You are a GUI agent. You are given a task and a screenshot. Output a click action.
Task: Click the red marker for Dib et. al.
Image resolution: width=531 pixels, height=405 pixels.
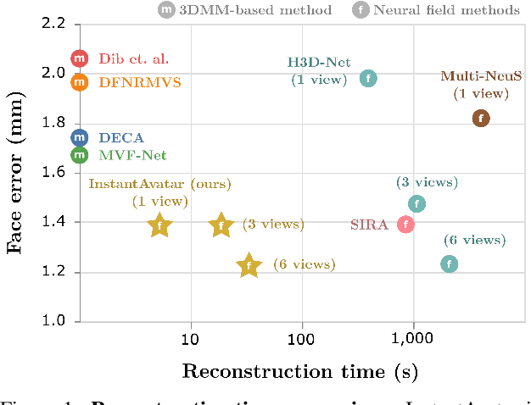coord(80,58)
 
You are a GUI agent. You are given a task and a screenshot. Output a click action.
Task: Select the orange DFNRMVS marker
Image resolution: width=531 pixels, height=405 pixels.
coord(80,82)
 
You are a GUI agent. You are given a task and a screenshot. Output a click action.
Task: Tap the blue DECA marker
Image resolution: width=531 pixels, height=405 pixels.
coord(80,137)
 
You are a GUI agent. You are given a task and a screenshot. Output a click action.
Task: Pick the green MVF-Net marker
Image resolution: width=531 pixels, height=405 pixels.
coord(80,155)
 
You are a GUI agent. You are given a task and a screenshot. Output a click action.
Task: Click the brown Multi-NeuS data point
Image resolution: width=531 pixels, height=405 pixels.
coord(481,119)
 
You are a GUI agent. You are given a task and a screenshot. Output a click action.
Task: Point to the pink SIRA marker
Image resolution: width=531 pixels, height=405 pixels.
coord(406,225)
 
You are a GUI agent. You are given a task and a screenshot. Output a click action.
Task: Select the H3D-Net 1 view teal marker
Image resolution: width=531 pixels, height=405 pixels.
coord(367,78)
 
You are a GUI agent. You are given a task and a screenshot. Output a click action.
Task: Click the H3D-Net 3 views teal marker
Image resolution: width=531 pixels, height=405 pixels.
coord(416,203)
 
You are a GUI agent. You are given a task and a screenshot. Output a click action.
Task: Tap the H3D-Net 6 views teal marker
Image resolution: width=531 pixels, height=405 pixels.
coord(450,264)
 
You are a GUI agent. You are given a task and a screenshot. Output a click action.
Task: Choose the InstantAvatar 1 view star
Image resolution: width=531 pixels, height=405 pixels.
coord(159,225)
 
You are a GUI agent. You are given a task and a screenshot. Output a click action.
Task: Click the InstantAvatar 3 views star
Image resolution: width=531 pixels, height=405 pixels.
coord(221,225)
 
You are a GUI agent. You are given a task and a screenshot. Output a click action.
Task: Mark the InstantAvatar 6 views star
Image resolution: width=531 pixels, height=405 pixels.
coord(249,266)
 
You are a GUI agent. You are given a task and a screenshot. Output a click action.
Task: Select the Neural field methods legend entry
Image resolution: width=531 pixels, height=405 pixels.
coord(449,10)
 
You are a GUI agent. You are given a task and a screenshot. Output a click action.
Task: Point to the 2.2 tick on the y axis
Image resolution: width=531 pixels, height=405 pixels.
coord(53,23)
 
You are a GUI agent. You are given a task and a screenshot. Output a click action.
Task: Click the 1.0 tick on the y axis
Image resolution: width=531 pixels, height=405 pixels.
coord(53,322)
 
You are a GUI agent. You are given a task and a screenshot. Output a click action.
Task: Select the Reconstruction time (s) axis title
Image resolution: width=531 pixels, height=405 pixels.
coord(299,371)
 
